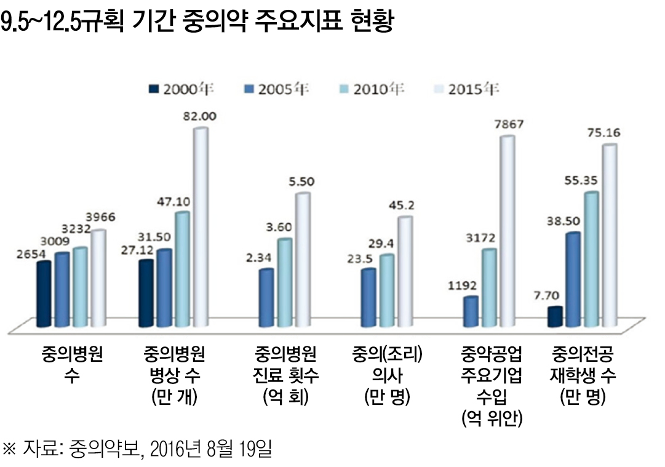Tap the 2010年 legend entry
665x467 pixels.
point(372,90)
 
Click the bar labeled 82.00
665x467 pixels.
point(201,228)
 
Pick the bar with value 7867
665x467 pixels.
point(506,231)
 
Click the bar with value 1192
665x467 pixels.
point(471,312)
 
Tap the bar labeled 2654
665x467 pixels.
point(44,294)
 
